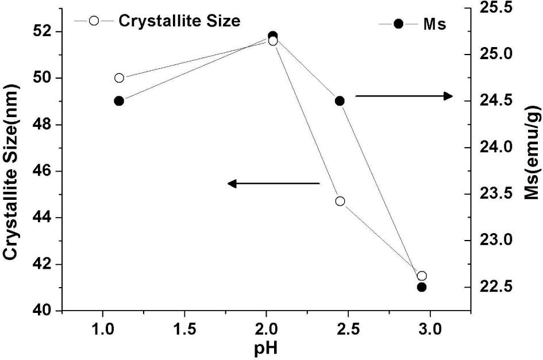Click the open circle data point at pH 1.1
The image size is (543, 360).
coord(119,78)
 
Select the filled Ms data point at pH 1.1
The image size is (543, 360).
coord(119,100)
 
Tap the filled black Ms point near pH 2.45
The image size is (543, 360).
coord(340,100)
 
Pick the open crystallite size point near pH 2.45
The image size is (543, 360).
coord(340,201)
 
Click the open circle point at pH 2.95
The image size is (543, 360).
coord(422,276)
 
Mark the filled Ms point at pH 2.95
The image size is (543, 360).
coord(422,287)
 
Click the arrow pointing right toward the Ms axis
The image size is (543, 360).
coord(405,96)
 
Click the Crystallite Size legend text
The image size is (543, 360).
coord(179,21)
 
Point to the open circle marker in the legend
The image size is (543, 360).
coord(94,21)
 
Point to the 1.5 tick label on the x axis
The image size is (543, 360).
coord(184,331)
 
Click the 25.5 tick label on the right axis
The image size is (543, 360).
coord(495,8)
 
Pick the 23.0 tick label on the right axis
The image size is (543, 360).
coord(495,240)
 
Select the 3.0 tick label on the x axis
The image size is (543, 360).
coord(429,331)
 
